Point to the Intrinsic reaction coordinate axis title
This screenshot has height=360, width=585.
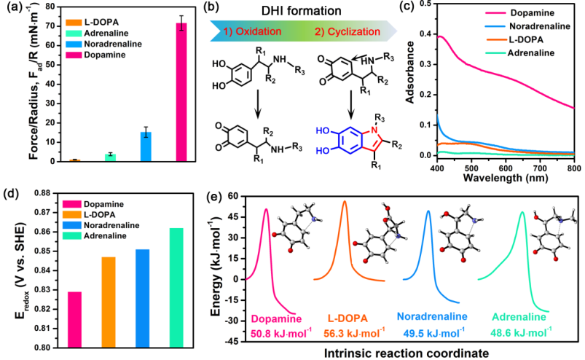click(x=407, y=351)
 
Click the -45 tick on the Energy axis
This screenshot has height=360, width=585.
click(x=231, y=342)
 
